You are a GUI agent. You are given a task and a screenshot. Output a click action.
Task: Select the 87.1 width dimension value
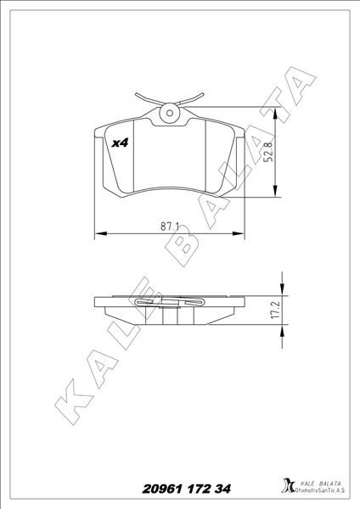tap(168, 226)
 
